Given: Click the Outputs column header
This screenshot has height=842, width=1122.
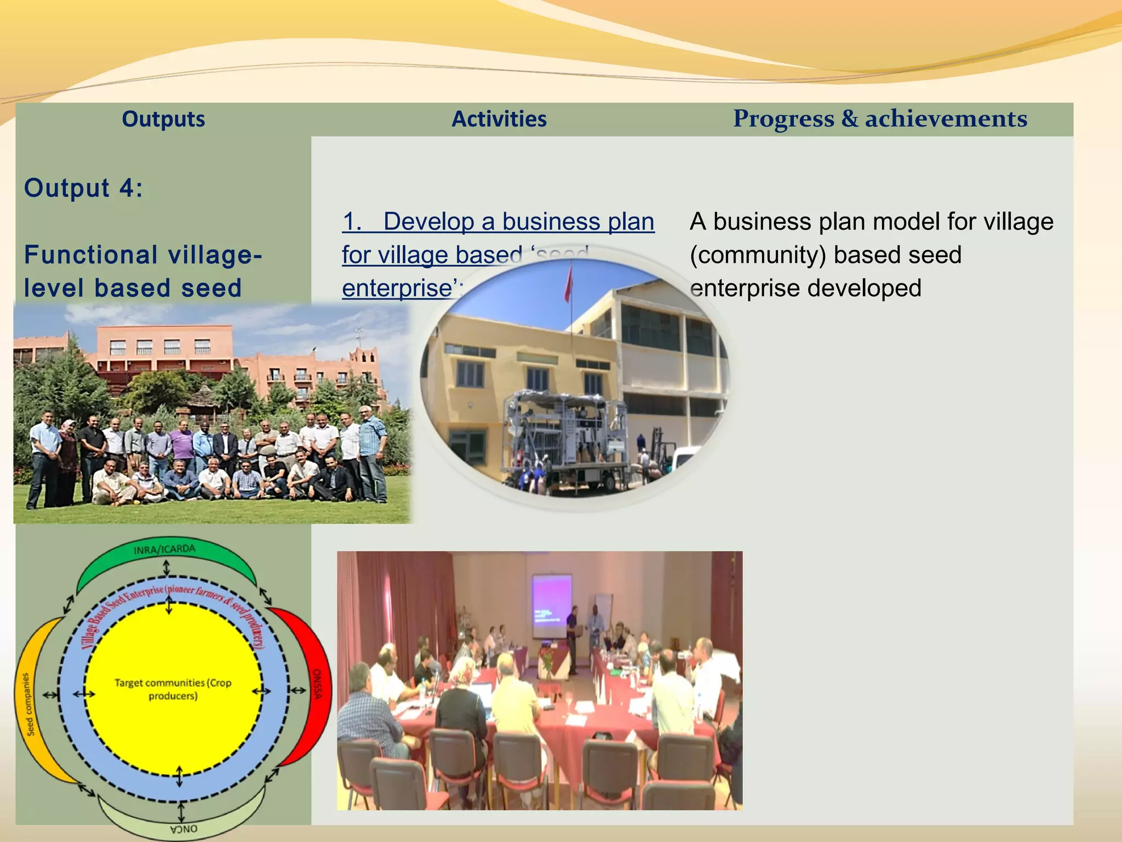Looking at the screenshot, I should (163, 119).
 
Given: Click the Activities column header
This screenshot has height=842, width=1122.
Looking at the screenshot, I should (499, 119).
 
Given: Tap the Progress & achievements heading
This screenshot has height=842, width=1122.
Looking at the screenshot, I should (880, 118).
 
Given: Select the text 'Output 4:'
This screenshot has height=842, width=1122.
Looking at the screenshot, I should (83, 188).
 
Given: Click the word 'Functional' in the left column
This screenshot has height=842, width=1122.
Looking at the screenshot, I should (91, 255).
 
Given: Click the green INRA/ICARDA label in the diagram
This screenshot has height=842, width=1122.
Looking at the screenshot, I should (164, 549).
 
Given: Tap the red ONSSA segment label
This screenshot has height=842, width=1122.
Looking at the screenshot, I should (317, 684).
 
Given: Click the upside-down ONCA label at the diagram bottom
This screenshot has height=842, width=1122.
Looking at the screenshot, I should (184, 829).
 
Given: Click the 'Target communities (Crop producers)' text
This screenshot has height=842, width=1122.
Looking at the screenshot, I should (173, 689).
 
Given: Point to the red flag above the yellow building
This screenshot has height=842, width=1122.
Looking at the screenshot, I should (569, 283).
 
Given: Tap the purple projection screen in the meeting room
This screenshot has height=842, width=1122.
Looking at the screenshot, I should (552, 600).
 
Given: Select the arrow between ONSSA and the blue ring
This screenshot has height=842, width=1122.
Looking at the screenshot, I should (298, 690).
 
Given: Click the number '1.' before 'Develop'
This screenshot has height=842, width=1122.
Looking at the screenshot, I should (352, 221).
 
